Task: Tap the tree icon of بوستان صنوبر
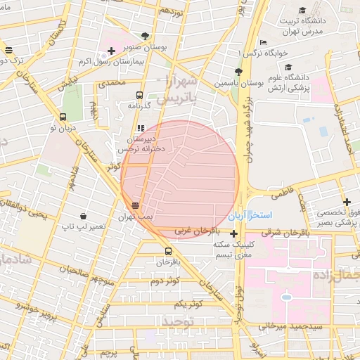coord(145,35)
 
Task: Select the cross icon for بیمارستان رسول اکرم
coord(111,51)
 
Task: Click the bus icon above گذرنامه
coord(139,94)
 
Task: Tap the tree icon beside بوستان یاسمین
coord(238,72)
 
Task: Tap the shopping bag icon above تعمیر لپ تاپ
coord(84,216)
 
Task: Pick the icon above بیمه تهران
coord(135,205)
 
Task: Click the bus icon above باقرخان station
coord(168,251)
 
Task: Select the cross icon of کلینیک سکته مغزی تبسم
coord(233,233)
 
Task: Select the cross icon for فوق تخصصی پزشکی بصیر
coord(346,202)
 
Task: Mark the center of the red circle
coord(180,179)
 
